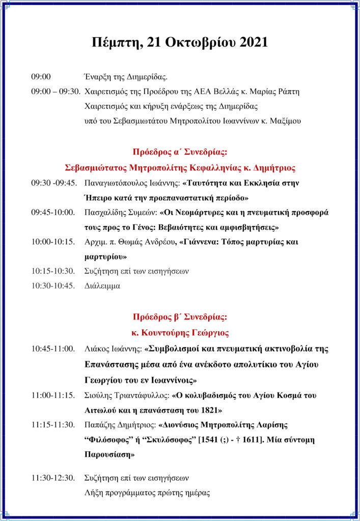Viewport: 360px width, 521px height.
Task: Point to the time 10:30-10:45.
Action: [x=53, y=285]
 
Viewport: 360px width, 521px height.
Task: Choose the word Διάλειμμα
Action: [x=102, y=285]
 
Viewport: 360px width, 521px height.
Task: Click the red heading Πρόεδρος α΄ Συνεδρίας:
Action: [x=180, y=152]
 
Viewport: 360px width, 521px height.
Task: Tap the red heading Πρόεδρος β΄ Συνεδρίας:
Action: [x=180, y=317]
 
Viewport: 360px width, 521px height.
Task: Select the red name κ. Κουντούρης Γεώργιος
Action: [x=180, y=333]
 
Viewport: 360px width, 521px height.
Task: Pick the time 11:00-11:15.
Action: [x=53, y=394]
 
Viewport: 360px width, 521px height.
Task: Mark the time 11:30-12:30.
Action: [x=53, y=478]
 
